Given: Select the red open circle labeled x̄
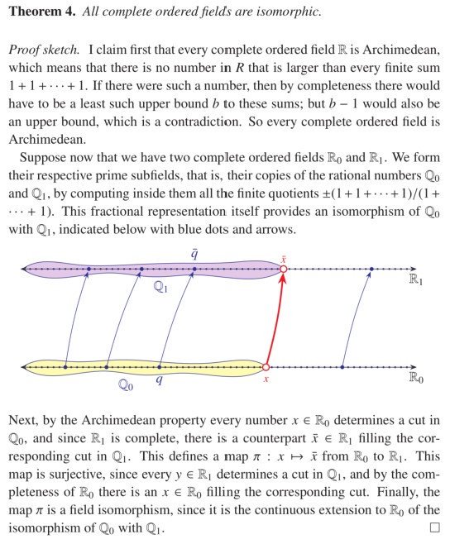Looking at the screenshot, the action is [283, 269].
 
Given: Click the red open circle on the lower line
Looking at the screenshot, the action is [266, 366].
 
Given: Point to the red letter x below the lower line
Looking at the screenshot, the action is [266, 379].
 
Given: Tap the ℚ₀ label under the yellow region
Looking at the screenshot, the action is [126, 384].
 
